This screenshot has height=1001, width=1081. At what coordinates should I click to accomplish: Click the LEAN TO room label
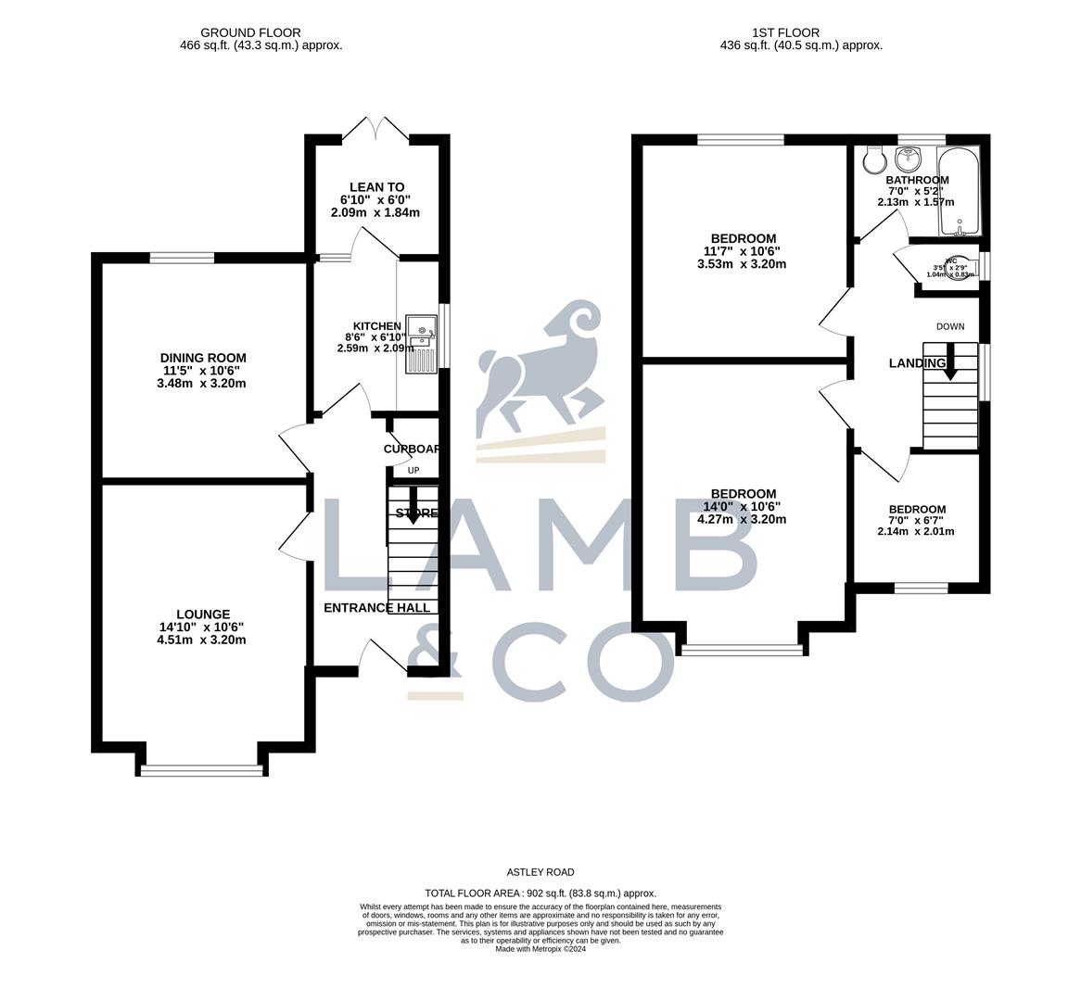pyautogui.click(x=376, y=187)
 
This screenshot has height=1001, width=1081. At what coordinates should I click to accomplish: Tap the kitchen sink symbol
pyautogui.click(x=421, y=344)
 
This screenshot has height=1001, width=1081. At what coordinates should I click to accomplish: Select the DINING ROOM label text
pyautogui.click(x=203, y=358)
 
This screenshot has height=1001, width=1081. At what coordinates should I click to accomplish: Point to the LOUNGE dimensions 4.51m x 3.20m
pyautogui.click(x=202, y=640)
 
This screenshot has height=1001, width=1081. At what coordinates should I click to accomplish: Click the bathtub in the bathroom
pyautogui.click(x=960, y=191)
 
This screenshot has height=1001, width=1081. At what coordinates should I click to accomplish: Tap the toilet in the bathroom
pyautogui.click(x=872, y=162)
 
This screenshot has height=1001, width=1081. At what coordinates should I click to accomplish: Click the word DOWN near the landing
pyautogui.click(x=950, y=326)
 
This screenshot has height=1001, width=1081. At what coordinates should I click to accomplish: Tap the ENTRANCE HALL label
pyautogui.click(x=376, y=608)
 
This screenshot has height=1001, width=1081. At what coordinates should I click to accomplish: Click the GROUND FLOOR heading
pyautogui.click(x=250, y=32)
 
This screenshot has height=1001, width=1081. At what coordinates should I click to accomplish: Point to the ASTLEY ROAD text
pyautogui.click(x=540, y=872)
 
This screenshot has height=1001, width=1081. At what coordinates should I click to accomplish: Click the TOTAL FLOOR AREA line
pyautogui.click(x=540, y=893)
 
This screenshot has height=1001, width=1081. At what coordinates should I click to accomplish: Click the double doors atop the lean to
pyautogui.click(x=377, y=130)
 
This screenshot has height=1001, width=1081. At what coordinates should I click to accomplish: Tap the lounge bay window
pyautogui.click(x=202, y=768)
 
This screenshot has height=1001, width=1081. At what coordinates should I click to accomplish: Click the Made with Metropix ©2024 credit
pyautogui.click(x=540, y=949)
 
